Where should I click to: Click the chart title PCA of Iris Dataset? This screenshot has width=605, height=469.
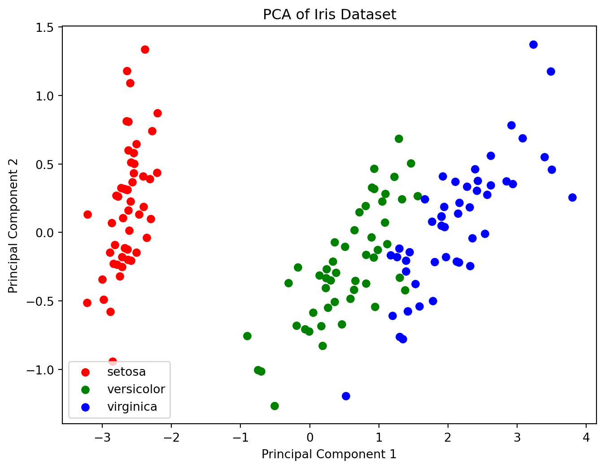click(329, 14)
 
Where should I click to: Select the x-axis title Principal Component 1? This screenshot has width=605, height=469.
click(329, 454)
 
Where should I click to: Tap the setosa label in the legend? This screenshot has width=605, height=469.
click(126, 372)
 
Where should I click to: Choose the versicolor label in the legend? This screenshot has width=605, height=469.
click(136, 389)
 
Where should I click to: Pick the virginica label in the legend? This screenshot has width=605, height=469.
click(132, 407)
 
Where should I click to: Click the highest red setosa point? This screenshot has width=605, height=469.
click(145, 49)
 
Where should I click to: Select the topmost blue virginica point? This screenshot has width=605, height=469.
click(533, 44)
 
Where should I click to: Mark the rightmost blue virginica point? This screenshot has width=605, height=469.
click(572, 197)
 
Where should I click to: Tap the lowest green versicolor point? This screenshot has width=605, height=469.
click(274, 406)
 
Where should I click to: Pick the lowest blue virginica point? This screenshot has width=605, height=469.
click(346, 396)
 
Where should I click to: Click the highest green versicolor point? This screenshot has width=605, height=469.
click(399, 139)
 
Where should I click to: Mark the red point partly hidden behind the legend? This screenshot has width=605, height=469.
click(113, 361)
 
